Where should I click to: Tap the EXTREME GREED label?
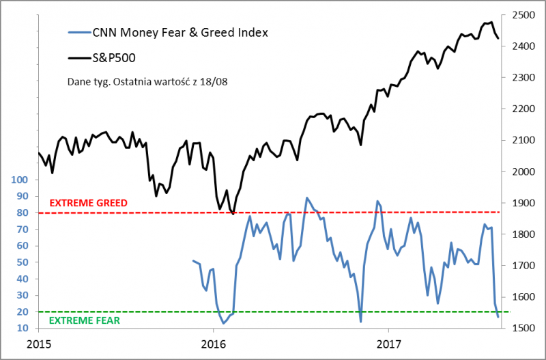click(89, 203)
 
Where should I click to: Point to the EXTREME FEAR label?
click(84, 320)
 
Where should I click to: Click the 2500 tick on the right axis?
click(522, 15)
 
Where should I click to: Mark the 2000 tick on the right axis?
click(522, 171)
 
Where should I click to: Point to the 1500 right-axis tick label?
click(522, 328)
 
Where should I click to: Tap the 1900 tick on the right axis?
click(522, 203)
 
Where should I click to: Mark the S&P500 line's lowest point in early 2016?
click(233, 214)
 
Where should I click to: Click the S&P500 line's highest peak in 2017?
click(491, 22)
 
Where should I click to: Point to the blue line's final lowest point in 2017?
click(498, 317)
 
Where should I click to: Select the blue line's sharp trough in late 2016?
click(360, 321)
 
